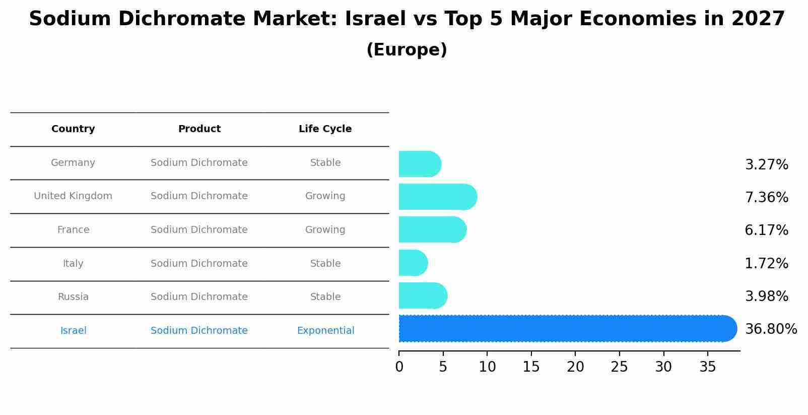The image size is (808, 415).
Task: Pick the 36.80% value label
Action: point(771,329)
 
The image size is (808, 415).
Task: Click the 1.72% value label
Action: point(766,263)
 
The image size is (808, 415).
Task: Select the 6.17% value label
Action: point(766,230)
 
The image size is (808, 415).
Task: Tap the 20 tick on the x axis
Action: point(575,367)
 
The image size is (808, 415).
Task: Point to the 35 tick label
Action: point(707,367)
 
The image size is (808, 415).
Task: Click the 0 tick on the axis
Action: point(399,367)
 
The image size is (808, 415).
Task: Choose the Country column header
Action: point(73,129)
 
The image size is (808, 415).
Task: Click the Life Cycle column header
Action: point(325,129)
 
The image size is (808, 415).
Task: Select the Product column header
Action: point(199,129)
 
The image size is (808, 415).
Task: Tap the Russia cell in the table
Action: point(73,297)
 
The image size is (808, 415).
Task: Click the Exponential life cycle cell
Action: point(325,331)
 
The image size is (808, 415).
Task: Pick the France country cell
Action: point(73,230)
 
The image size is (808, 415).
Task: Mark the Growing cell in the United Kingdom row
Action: point(325,196)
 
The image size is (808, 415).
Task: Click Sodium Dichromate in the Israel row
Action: point(199,331)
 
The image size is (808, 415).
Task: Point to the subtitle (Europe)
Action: point(407,50)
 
